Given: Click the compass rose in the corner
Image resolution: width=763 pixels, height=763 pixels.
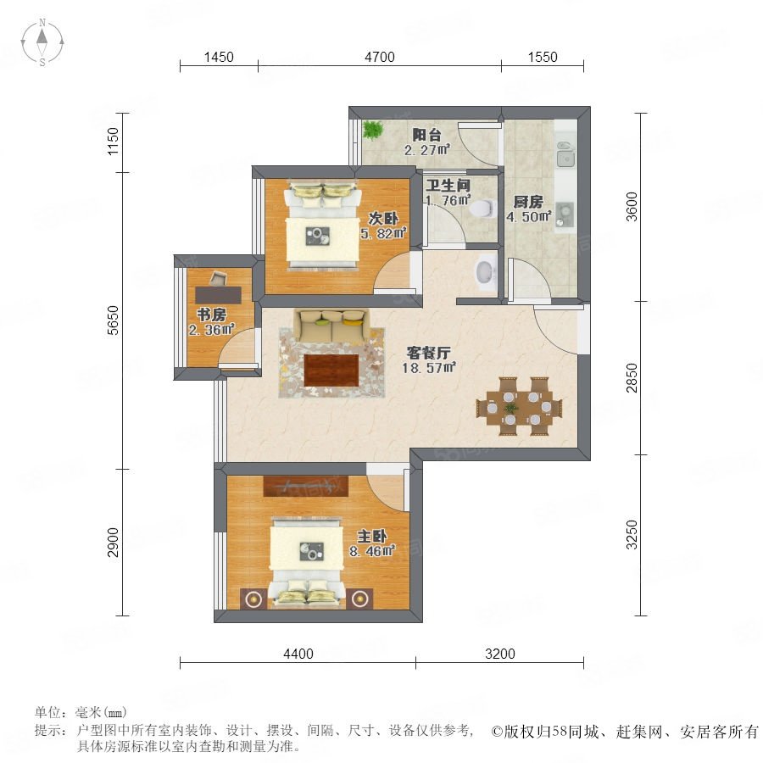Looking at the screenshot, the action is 42,42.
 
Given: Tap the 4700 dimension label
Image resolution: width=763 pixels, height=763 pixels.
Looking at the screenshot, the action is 380,57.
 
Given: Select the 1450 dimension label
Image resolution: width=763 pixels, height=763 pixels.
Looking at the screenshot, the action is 219,57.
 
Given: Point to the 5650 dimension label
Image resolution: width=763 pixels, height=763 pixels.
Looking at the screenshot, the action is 113,320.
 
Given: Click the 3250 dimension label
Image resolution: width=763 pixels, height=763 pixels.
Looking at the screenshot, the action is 631,534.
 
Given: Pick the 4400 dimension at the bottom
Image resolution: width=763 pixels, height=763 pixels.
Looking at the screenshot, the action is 298,654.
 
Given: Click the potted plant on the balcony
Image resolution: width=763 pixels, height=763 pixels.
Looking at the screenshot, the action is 372,130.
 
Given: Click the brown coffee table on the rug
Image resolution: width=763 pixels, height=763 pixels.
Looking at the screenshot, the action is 331,370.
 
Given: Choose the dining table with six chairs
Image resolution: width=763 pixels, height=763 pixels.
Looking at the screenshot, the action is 519,406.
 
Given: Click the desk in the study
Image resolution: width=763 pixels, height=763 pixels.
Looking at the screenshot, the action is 219,295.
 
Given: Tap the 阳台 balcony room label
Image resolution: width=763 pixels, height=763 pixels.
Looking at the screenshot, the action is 426,134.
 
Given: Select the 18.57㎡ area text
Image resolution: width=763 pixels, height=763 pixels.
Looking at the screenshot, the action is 429,368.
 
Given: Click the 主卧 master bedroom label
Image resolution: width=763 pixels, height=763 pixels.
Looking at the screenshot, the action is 372,537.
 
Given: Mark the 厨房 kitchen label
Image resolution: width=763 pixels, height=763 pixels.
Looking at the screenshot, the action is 528,202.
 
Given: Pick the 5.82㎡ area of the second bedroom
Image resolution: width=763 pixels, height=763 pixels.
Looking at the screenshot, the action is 383,234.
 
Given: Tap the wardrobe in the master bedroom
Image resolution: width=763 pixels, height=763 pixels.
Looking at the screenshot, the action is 306,486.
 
